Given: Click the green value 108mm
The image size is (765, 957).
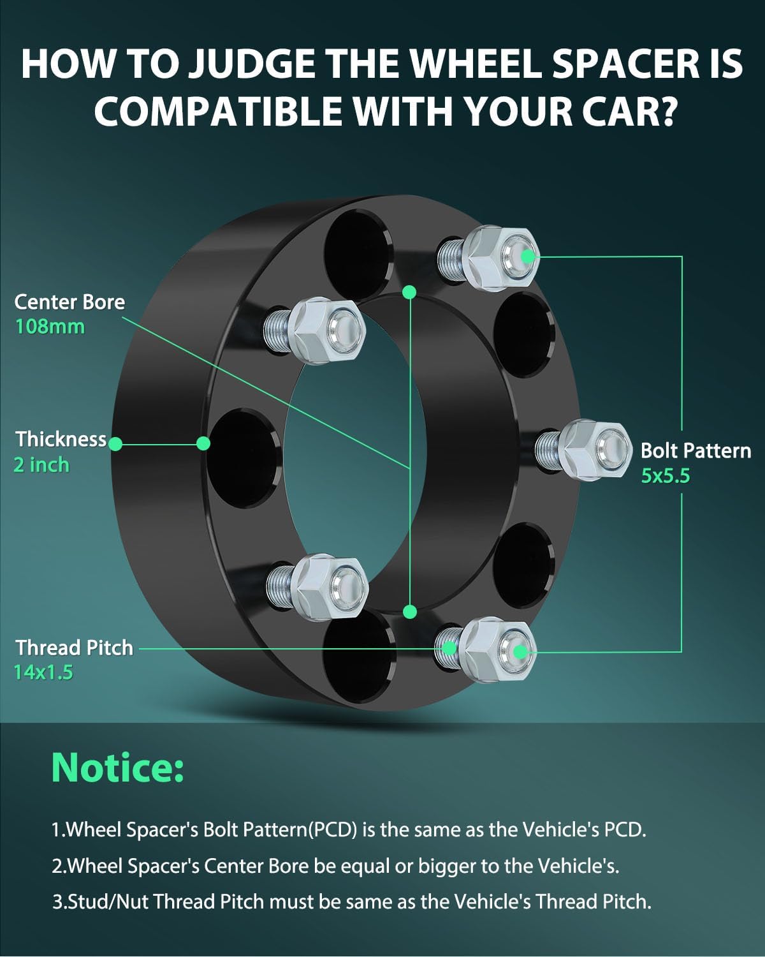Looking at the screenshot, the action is (x=50, y=327).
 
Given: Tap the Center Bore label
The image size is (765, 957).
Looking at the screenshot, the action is (x=69, y=302).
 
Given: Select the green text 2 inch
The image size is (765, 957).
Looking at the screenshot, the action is (x=41, y=464).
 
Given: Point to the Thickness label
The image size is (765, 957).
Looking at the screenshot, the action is (x=61, y=439).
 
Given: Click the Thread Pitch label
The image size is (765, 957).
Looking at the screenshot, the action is (x=74, y=648).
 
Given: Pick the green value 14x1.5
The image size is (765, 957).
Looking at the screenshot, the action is (x=43, y=672).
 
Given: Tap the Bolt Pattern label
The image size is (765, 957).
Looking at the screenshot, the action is (x=696, y=450).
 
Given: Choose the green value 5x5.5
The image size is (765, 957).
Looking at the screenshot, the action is (x=666, y=476).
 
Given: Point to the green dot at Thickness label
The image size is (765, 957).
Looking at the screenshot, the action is (x=115, y=443).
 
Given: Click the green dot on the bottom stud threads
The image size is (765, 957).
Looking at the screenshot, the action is (x=449, y=648).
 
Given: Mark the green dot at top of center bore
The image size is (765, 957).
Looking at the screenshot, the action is (x=410, y=292).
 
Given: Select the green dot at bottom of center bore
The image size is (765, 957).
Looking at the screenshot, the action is (x=410, y=612).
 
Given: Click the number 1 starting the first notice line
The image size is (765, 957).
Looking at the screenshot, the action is (x=56, y=829).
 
